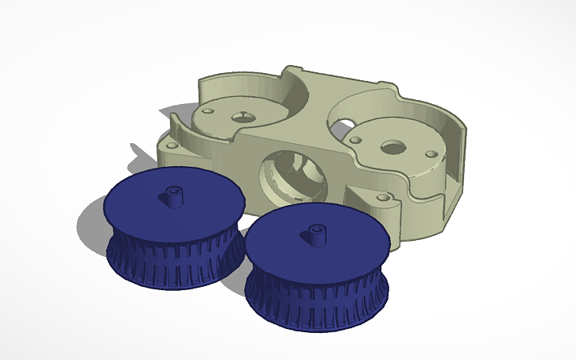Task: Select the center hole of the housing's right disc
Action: pyautogui.click(x=391, y=147)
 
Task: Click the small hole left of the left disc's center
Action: pyautogui.click(x=208, y=112)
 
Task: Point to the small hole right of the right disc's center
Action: pyautogui.click(x=431, y=155)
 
